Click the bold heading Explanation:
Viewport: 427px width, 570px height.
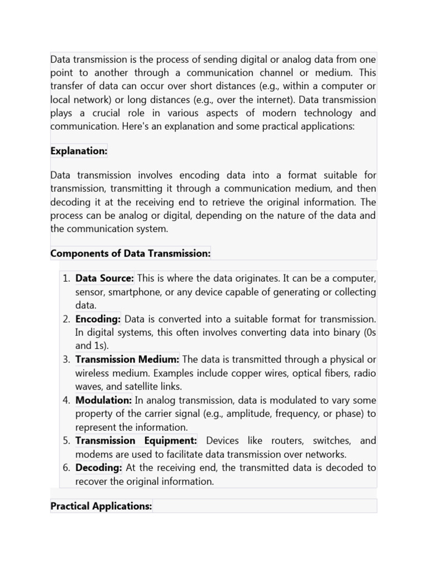(x=78, y=151)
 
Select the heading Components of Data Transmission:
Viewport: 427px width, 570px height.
(x=131, y=253)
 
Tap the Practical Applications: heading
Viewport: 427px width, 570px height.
(x=101, y=506)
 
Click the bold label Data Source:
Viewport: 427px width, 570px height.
(x=105, y=278)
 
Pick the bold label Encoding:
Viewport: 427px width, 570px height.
(x=98, y=319)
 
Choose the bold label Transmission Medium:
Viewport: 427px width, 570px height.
(x=127, y=359)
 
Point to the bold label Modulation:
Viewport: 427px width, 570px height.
(x=103, y=400)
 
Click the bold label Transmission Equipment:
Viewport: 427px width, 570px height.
(x=136, y=440)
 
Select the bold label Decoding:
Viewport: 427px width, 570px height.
(x=98, y=468)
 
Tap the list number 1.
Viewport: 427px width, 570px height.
(x=66, y=278)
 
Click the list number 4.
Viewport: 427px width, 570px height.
(x=66, y=400)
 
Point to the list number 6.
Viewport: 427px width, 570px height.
(x=66, y=468)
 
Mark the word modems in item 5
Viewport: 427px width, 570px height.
(x=93, y=454)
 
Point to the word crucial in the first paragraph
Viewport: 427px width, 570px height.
(x=111, y=113)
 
